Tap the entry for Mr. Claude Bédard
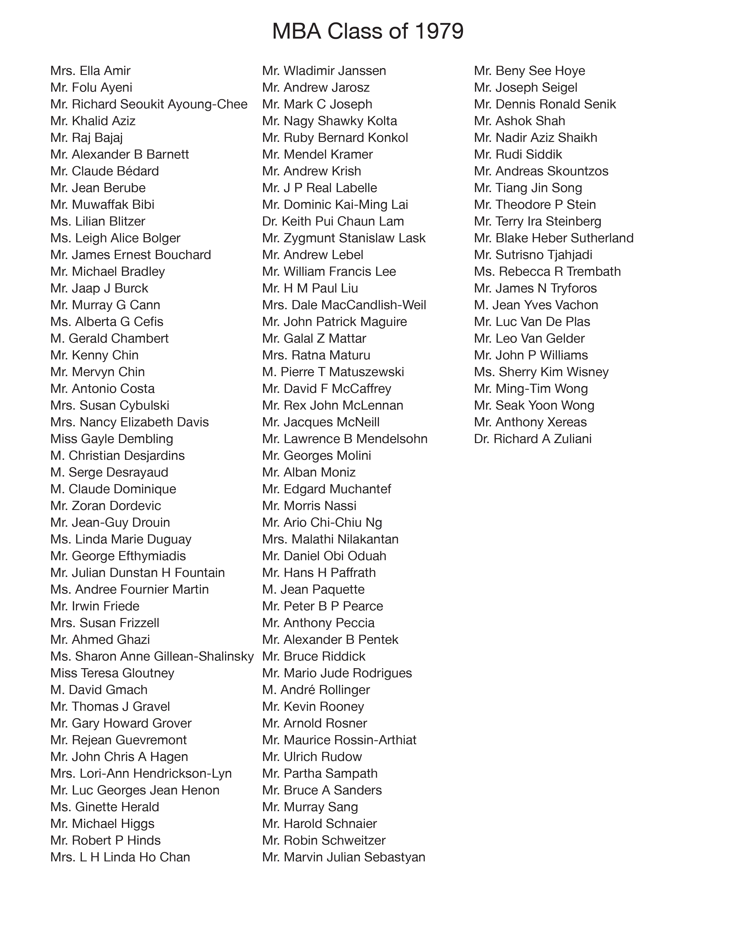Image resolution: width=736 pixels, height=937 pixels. tap(104, 171)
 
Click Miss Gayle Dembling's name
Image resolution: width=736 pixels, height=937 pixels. tap(112, 439)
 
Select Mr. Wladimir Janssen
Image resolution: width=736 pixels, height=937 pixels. tap(324, 71)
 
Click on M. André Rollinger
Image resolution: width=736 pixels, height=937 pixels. tap(316, 690)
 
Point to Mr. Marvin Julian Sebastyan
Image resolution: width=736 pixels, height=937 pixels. tap(343, 857)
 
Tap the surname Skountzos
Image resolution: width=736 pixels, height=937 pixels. tap(574, 171)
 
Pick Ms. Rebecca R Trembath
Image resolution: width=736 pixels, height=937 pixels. tap(547, 272)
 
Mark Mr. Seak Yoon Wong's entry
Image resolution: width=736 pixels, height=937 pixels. tap(534, 406)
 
